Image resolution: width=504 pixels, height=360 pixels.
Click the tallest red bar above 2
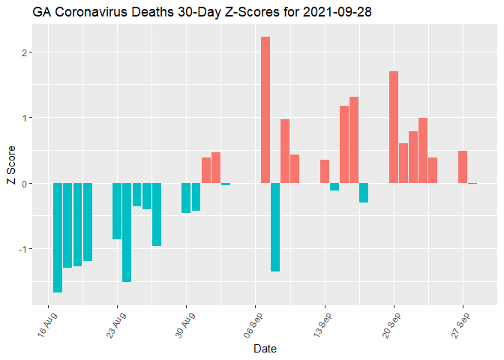pos(265,109)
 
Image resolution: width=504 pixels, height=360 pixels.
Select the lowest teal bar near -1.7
pos(58,237)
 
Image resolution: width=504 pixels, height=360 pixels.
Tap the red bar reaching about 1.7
pos(394,127)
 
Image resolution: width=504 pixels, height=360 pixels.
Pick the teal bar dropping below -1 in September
pos(275,226)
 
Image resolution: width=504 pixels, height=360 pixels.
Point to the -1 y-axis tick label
pos(22,249)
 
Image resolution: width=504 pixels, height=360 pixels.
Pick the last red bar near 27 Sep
pos(463,166)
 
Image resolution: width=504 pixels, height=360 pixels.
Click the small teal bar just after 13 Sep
pos(334,187)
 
